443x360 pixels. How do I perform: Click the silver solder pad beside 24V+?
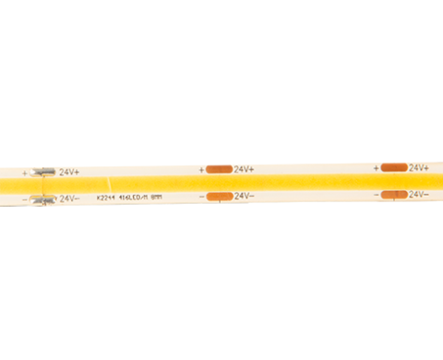pos(42,172)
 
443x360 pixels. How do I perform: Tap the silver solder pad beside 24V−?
pos(42,198)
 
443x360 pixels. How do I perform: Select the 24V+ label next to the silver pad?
pos(69,172)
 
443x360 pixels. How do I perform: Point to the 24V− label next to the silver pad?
pos(69,198)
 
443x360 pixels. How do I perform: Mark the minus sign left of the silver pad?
pos(25,198)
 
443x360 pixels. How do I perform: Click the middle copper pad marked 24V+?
pos(219,170)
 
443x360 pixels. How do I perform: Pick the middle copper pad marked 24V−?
pos(219,196)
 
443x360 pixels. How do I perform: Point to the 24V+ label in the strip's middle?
pos(244,170)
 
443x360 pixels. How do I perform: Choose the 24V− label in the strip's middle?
pos(244,196)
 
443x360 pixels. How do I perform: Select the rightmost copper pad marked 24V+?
pos(394,167)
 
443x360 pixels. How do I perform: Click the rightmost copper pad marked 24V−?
pos(394,194)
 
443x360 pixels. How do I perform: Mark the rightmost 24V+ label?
pos(419,167)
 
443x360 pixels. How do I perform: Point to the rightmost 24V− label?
pos(419,194)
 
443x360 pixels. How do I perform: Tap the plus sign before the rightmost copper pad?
pos(376,168)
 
